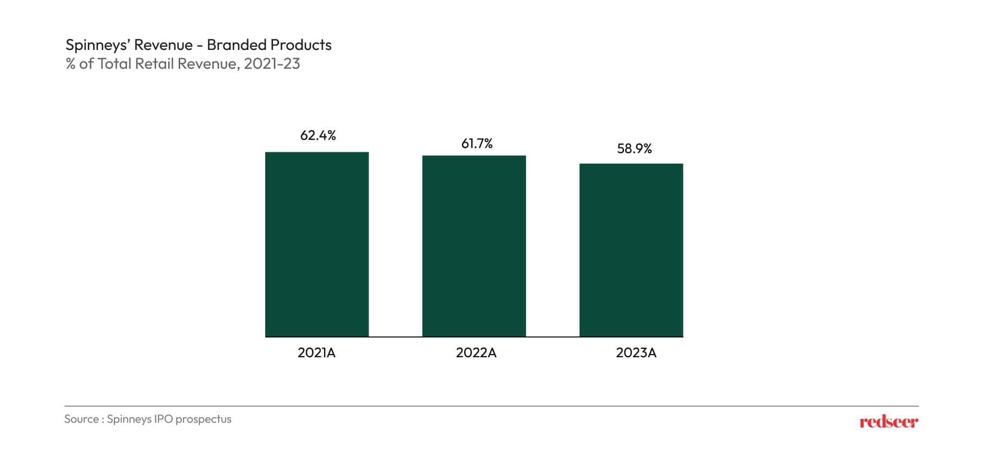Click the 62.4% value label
[318, 135]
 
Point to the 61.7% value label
[477, 144]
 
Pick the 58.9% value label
[634, 149]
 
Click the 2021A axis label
[316, 353]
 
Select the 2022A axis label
[476, 353]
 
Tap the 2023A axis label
[636, 353]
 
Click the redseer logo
[888, 422]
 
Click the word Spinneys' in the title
[98, 45]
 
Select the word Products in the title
[301, 45]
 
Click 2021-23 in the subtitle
[271, 63]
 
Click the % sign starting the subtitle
[71, 64]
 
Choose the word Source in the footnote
[82, 419]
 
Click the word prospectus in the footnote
[203, 419]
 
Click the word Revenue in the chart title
[163, 45]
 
